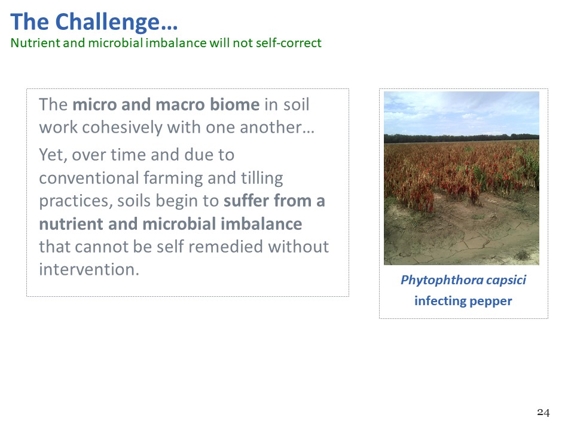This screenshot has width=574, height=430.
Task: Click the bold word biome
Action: click(x=234, y=105)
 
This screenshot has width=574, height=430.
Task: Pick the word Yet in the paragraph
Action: click(x=53, y=155)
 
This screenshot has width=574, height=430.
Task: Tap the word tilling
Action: click(x=262, y=179)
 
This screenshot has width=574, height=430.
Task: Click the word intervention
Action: click(x=89, y=269)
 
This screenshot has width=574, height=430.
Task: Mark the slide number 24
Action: click(x=544, y=413)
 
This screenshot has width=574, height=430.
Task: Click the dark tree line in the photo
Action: click(x=461, y=139)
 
